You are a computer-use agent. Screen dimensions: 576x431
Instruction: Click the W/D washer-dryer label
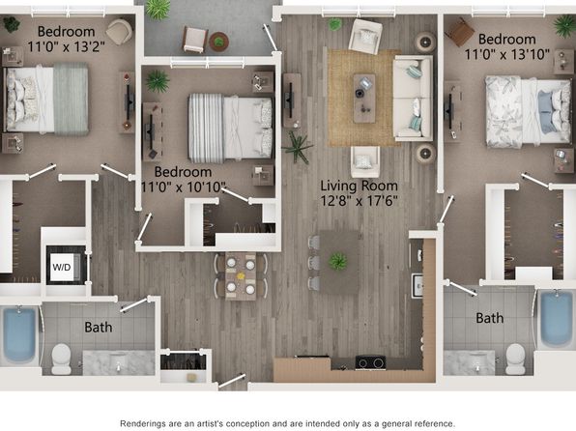point(62,267)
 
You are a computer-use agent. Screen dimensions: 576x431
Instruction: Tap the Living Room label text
point(359,186)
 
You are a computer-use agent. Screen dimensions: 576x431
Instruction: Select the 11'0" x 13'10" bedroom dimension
point(507,55)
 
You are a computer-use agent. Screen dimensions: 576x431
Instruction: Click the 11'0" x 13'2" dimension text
point(66,46)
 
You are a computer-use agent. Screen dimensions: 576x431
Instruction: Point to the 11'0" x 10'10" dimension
point(183,187)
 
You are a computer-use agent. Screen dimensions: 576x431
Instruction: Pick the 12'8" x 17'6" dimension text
point(359,201)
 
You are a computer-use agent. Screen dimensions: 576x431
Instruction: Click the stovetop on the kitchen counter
point(371,362)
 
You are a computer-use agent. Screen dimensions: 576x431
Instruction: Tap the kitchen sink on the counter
point(418,285)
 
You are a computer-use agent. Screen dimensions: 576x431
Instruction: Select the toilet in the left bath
point(61,359)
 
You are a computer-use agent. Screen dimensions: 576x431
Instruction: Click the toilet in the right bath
point(515,359)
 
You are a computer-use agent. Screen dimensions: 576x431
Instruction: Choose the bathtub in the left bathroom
point(19,334)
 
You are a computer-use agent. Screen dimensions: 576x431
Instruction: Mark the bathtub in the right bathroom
point(556,319)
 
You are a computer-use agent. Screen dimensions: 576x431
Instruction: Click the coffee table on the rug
point(364,99)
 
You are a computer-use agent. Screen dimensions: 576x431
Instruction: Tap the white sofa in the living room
point(414,99)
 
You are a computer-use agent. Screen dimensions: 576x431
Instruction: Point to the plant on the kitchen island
point(338,262)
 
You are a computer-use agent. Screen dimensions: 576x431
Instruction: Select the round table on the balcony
point(219,42)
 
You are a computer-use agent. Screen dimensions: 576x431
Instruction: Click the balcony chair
point(195,40)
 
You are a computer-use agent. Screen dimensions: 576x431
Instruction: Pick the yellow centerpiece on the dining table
point(241,275)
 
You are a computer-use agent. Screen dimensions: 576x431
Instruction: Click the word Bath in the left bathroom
point(98,327)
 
